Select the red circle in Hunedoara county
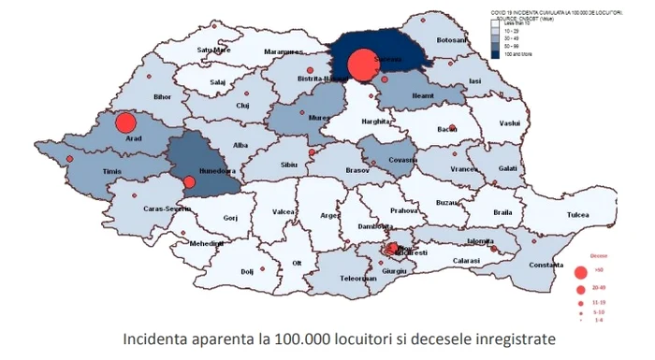pyautogui.click(x=189, y=182)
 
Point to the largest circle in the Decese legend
pyautogui.click(x=581, y=274)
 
